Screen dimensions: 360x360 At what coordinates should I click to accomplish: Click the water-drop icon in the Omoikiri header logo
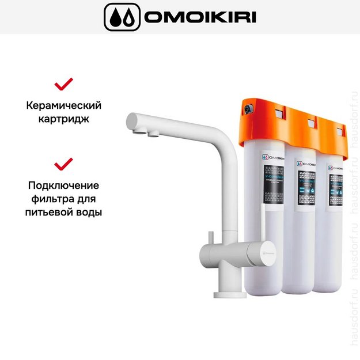tap(121, 17)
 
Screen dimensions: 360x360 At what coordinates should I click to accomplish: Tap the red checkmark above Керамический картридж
tap(63, 84)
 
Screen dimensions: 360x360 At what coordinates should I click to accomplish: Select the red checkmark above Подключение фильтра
tap(63, 164)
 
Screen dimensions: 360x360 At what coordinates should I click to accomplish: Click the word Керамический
tap(63, 106)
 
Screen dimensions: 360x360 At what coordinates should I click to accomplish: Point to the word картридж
tap(63, 120)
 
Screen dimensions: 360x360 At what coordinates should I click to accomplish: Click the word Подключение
tap(63, 185)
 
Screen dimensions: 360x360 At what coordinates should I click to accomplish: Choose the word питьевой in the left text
tap(51, 213)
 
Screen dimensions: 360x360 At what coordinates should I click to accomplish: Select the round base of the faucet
tap(230, 294)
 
